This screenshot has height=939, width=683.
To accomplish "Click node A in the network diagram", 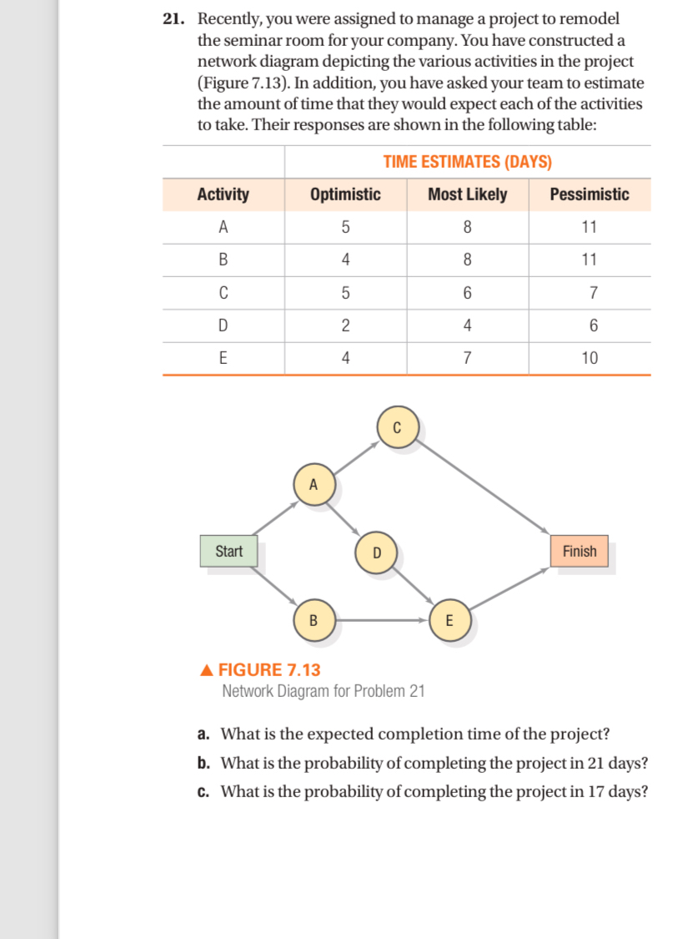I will [x=314, y=484].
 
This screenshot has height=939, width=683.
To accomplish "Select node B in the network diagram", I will [x=314, y=620].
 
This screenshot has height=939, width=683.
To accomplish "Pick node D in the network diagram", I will [x=376, y=552].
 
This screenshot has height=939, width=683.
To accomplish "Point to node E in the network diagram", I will [x=449, y=620].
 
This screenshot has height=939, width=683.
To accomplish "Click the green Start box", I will [x=229, y=551].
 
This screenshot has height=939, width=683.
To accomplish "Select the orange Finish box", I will [x=579, y=551].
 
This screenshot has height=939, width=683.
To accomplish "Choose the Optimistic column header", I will [x=345, y=194].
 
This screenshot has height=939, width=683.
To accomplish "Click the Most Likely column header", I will [x=467, y=194].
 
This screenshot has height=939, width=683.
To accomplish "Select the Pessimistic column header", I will [x=590, y=194].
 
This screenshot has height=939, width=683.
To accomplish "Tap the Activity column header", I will [x=223, y=194].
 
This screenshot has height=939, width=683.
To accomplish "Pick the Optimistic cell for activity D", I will [x=345, y=326].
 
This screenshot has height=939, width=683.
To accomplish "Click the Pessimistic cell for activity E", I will [x=590, y=358].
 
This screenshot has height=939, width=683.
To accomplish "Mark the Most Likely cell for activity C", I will [x=467, y=293].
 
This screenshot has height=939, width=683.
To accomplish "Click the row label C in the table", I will [x=223, y=293].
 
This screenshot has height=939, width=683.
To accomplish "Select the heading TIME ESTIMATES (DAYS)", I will [x=467, y=162].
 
